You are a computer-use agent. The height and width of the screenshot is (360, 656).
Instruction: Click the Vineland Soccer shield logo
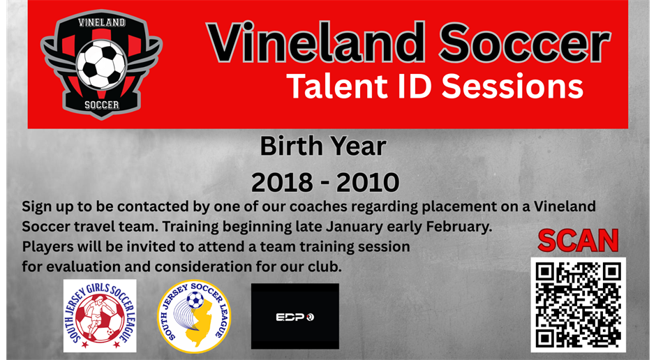pyautogui.click(x=101, y=64)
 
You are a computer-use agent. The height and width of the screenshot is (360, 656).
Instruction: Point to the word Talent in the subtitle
pyautogui.click(x=334, y=87)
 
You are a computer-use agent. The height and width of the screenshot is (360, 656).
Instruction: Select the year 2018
pyautogui.click(x=281, y=182)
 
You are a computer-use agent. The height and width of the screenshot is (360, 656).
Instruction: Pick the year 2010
pyautogui.click(x=368, y=182)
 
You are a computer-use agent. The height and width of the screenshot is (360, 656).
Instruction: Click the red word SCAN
pyautogui.click(x=578, y=241)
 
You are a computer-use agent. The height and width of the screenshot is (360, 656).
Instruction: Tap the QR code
pyautogui.click(x=578, y=304)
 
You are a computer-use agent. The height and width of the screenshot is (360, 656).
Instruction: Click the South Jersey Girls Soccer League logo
pyautogui.click(x=100, y=316)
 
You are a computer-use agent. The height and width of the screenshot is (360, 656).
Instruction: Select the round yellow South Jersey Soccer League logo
pyautogui.click(x=193, y=316)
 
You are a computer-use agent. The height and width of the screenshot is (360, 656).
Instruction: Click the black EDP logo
pyautogui.click(x=295, y=316)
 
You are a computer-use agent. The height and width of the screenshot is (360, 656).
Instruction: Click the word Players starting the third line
pyautogui.click(x=47, y=248)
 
